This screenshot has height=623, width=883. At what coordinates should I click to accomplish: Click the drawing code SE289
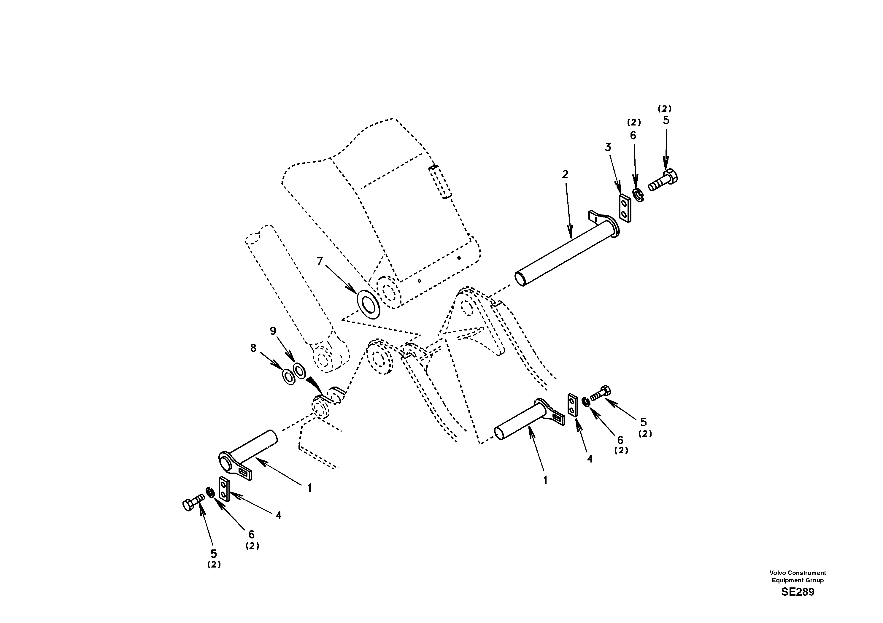(797, 592)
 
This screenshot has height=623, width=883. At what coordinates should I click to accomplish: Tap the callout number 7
(320, 261)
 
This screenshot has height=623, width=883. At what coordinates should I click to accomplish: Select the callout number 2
(565, 175)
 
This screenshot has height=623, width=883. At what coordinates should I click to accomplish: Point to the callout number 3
(608, 147)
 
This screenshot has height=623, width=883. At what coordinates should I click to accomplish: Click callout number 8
(253, 348)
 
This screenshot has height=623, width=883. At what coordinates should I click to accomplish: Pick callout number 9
(273, 331)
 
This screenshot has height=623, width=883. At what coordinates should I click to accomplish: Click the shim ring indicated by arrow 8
(288, 376)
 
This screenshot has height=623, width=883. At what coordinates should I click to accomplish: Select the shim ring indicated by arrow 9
(300, 370)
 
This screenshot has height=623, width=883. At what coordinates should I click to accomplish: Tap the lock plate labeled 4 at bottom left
(224, 489)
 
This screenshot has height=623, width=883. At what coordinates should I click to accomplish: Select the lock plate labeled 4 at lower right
(572, 405)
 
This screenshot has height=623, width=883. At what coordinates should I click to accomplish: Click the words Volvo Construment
(798, 573)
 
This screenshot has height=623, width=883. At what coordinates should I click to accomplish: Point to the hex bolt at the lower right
(601, 393)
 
